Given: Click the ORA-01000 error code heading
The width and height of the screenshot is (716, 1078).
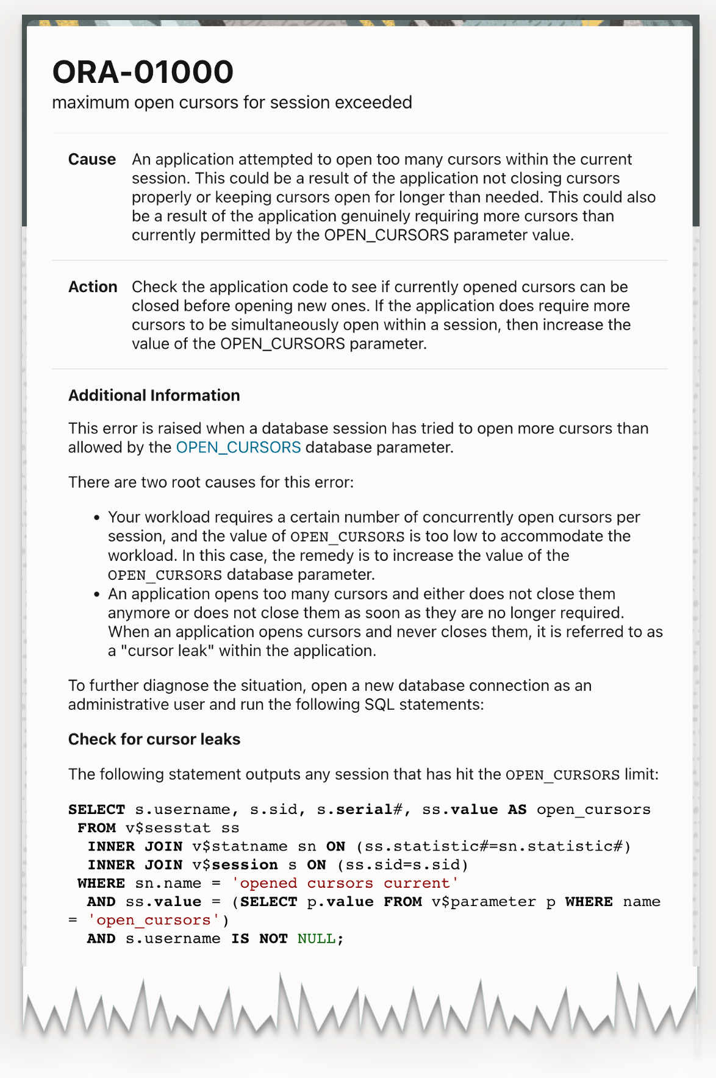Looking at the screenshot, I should pos(143,72).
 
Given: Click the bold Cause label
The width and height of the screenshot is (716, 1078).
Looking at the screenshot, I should pos(92,159).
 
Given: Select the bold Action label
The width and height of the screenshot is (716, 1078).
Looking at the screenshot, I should pos(93,287).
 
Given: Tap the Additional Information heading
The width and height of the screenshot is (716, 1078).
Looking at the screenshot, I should pos(154,395).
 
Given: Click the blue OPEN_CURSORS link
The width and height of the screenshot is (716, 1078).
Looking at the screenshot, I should pos(238,447).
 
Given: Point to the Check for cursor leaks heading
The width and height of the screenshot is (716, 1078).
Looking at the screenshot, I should pos(154,739).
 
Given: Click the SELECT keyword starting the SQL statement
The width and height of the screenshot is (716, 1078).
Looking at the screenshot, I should pos(96,810).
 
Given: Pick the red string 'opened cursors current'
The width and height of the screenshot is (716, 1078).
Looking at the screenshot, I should pos(345,883).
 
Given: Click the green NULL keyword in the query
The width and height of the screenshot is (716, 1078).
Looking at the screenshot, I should pos(316,938).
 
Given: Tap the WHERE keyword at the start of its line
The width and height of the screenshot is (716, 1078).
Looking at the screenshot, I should pos(101,883).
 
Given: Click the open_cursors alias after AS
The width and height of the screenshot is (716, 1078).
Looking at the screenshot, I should pos(593,810).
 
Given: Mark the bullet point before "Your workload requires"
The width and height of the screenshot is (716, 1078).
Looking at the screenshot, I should pos(96,518).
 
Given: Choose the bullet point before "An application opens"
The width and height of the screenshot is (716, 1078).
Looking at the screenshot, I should pos(96,594).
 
